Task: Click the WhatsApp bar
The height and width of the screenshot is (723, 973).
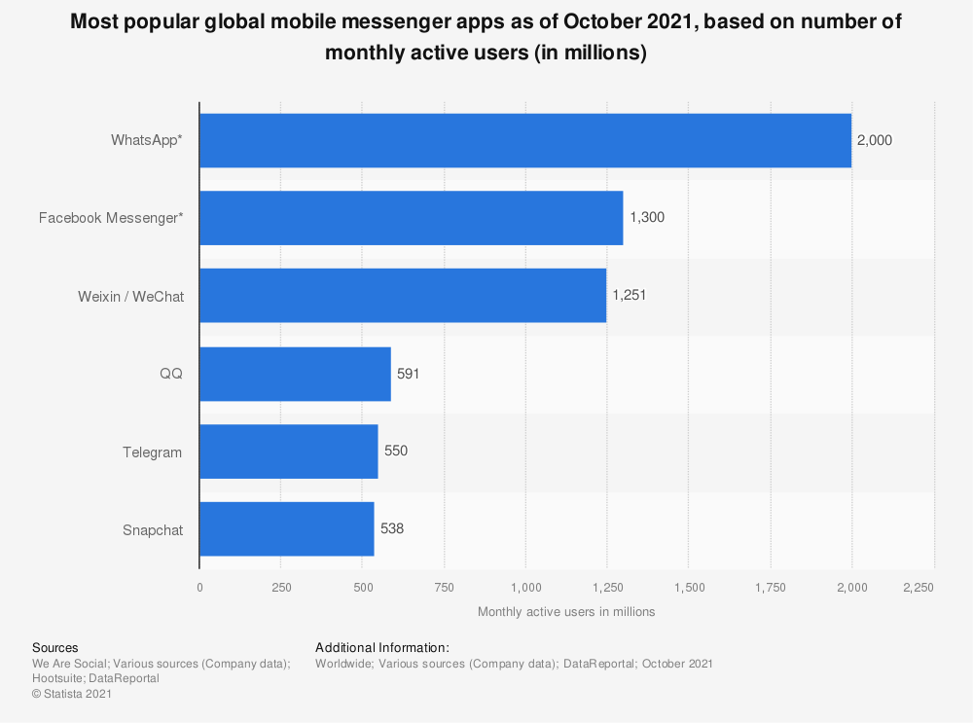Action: (525, 140)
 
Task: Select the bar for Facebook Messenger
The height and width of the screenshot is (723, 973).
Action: (411, 218)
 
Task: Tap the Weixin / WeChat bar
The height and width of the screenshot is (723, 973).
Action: (403, 296)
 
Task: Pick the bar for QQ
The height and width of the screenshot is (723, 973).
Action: (295, 374)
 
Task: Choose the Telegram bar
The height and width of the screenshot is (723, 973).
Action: (288, 452)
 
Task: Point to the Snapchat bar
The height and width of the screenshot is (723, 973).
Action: (286, 529)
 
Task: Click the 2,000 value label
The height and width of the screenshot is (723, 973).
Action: (874, 140)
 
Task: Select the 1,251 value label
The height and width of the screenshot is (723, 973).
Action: (630, 296)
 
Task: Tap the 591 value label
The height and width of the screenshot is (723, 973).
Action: (408, 374)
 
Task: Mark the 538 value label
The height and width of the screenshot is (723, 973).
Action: (392, 529)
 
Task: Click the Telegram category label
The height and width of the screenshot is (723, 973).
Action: (152, 452)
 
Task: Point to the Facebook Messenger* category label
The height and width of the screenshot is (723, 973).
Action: (110, 218)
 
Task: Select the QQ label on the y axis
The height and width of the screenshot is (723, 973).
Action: (170, 375)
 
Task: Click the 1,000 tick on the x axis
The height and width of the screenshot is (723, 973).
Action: (525, 587)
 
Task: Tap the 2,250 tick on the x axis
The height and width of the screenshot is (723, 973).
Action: (918, 587)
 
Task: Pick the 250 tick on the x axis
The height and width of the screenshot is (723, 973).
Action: (280, 587)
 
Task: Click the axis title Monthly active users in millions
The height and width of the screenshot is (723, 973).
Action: (566, 612)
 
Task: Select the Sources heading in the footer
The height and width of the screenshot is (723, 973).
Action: (55, 648)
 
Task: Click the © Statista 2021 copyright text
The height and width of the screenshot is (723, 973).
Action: (72, 694)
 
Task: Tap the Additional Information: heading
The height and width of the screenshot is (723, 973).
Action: (382, 648)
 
